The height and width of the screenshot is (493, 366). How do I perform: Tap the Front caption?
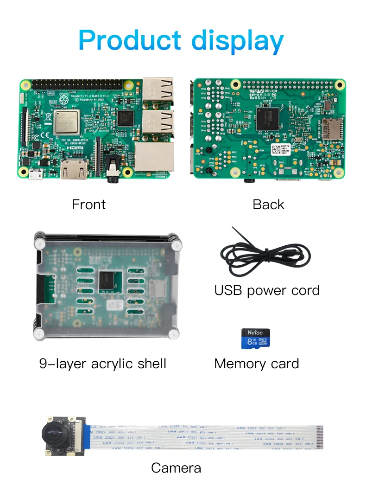coord(88,205)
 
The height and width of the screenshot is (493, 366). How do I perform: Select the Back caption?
coord(268,205)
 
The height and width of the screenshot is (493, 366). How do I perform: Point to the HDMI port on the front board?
coord(74,170)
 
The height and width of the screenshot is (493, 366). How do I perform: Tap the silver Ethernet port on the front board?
coord(155,157)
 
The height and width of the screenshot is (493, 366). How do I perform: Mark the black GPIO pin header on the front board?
coord(76,85)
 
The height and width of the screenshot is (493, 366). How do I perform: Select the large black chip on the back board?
coord(268,118)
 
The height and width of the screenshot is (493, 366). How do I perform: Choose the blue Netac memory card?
coord(255,339)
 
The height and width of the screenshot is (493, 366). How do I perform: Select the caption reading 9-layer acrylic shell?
coord(102,364)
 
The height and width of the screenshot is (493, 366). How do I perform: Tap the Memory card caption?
coord(256,364)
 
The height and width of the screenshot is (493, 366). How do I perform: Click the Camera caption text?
coord(176,468)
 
